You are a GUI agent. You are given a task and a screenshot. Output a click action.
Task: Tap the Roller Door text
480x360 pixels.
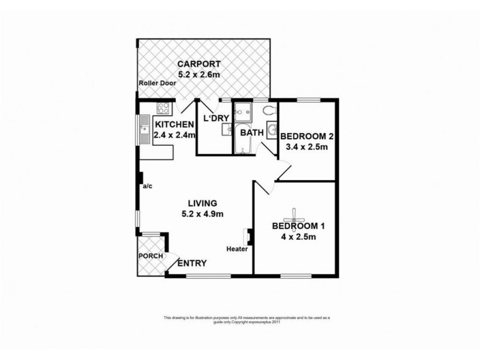point(155,84)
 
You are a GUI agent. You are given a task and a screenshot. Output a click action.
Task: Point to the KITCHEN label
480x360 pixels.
point(175,125)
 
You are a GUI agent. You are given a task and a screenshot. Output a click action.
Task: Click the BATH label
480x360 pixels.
point(251,133)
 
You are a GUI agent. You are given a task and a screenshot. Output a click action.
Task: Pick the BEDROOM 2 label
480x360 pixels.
point(307,136)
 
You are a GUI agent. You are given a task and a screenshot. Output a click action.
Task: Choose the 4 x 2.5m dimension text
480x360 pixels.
point(298,238)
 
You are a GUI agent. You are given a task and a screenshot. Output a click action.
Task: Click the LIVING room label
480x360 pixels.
point(202,203)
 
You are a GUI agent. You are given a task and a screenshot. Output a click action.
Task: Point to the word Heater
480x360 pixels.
point(237,250)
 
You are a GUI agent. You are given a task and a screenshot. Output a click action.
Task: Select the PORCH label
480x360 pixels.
point(150,256)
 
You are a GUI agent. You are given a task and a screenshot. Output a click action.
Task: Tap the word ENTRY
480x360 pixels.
point(193,263)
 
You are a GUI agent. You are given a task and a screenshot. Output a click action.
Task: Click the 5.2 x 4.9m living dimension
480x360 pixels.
point(202,214)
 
